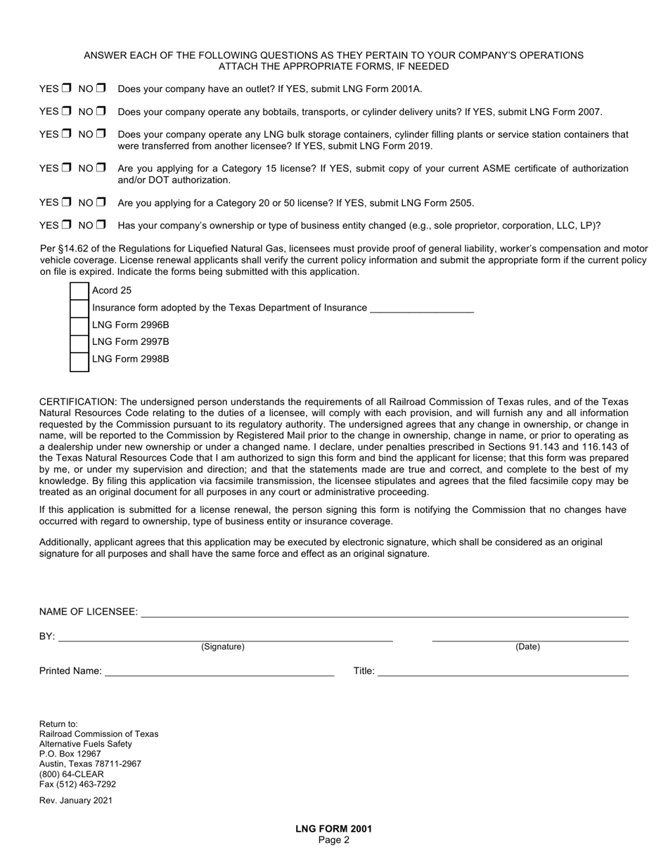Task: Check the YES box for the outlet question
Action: (66, 89)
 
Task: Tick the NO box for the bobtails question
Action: (101, 111)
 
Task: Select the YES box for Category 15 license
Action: (66, 168)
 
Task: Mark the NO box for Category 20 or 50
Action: (101, 202)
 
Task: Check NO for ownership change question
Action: (101, 225)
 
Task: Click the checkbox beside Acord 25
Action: (80, 291)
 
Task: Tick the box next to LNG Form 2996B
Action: (80, 325)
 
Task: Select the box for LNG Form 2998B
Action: (80, 360)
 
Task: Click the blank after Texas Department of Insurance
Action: (421, 308)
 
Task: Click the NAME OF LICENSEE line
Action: (384, 612)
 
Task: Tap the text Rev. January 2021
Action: (75, 800)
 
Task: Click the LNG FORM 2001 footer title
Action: (333, 829)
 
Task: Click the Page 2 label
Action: (333, 840)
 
